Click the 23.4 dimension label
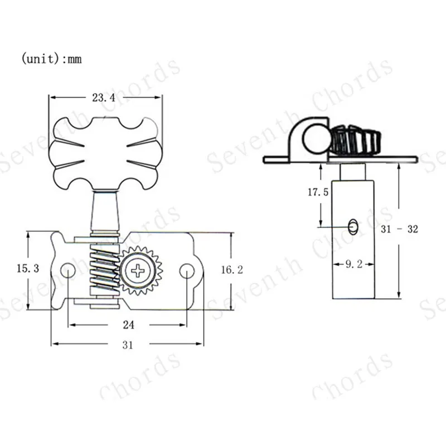pos(104,98)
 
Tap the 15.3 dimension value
pos(27,268)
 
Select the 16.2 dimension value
pos(232,270)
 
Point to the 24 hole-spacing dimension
pos(129,325)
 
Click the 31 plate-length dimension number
pos(128,345)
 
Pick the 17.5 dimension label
pos(318,192)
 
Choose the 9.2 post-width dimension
pos(354,264)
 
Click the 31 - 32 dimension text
pos(399,229)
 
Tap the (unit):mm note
pos(51,59)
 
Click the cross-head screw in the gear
pos(138,270)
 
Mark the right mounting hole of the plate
pos(187,271)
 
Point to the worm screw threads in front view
pos(104,270)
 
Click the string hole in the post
pos(353,227)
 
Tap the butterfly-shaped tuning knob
pos(105,153)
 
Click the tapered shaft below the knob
pos(105,210)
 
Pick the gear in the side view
pos(356,140)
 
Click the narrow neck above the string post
pos(353,172)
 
